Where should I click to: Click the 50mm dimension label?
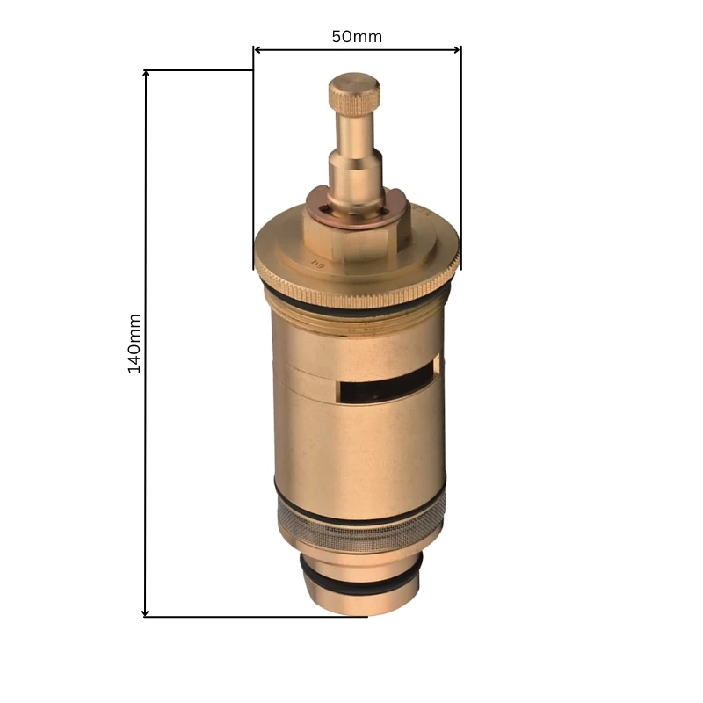(357, 37)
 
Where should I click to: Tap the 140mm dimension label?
(134, 343)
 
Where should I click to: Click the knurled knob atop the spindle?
(354, 91)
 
